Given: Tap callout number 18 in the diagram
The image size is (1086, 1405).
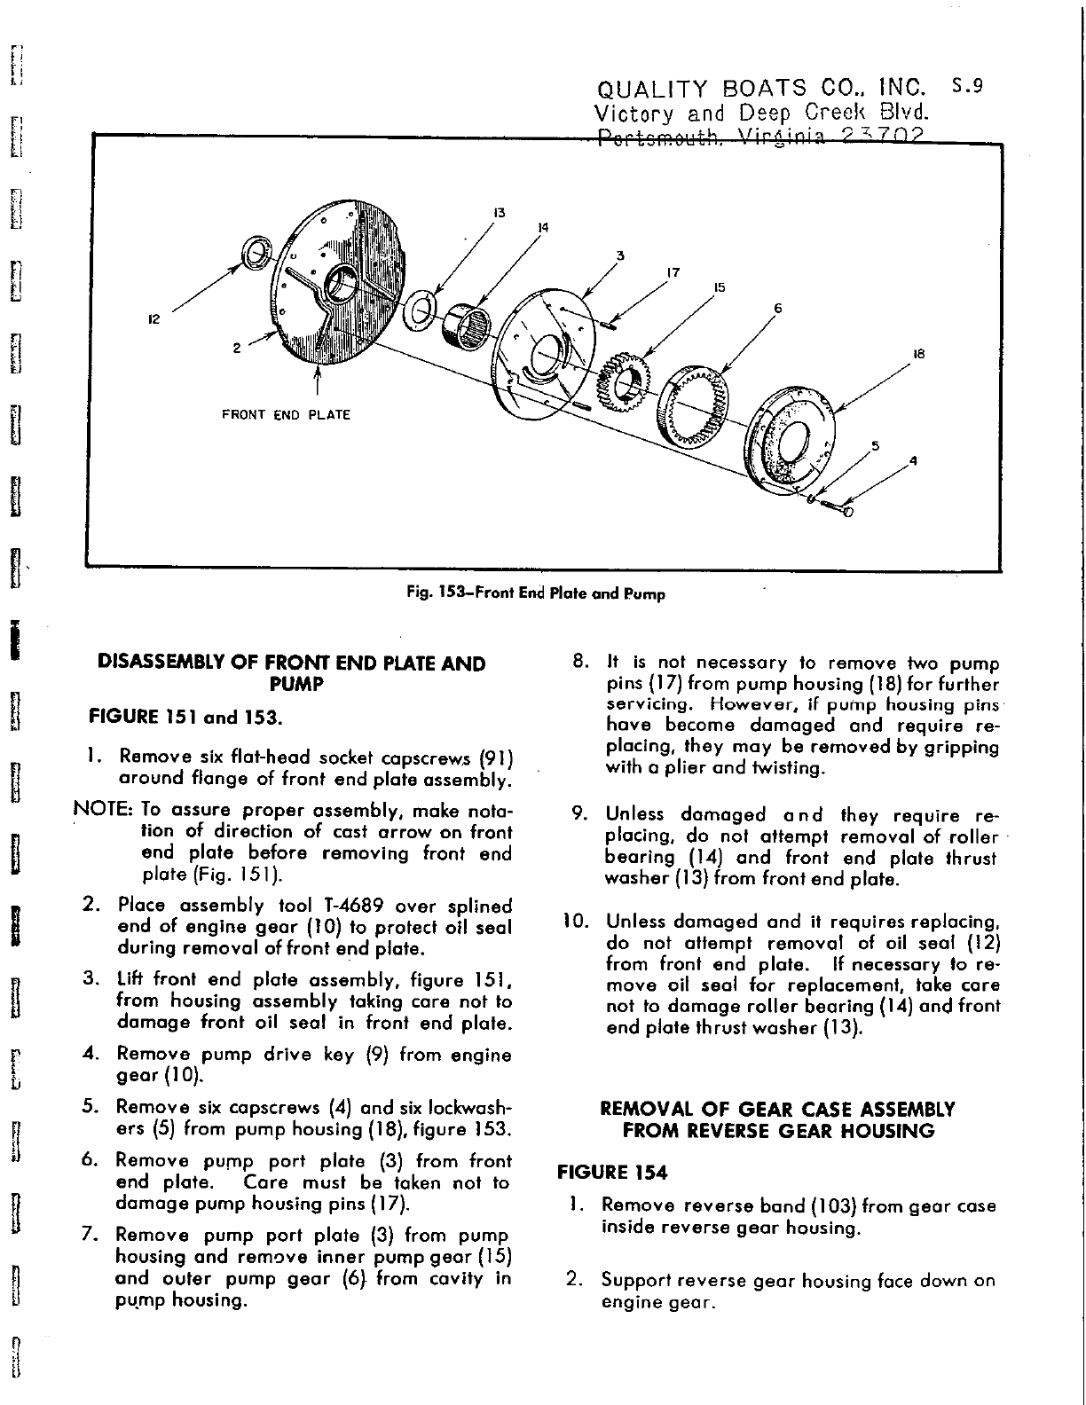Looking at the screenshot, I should (x=918, y=353).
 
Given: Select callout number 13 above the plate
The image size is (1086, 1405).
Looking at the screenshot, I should (x=499, y=212).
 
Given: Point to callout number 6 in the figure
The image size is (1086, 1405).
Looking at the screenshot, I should (x=778, y=309).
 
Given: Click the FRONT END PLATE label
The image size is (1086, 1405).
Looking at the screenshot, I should (x=286, y=414).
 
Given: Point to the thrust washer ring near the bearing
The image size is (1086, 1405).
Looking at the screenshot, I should (x=418, y=310).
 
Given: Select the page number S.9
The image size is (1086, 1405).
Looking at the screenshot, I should (x=967, y=87).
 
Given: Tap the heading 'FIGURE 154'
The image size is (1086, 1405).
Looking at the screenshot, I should (x=611, y=1173).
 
